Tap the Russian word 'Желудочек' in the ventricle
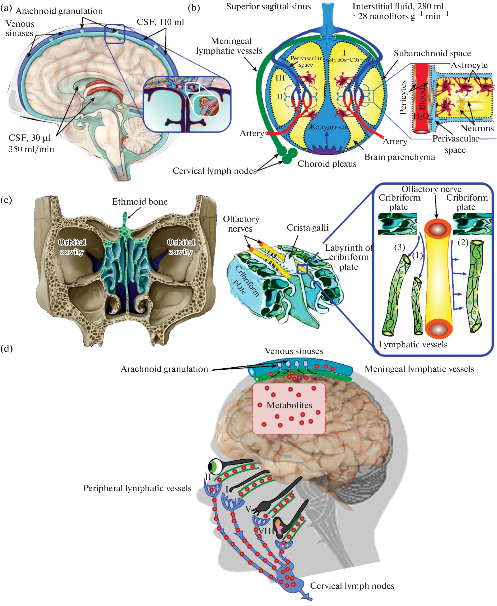tap(328, 127)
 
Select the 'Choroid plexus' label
tap(327, 164)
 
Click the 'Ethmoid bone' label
tap(140, 202)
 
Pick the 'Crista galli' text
tap(307, 228)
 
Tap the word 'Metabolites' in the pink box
tap(289, 405)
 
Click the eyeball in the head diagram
tap(215, 466)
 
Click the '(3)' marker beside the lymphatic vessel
tap(399, 247)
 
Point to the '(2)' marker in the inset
tap(463, 242)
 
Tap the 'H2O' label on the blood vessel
tap(421, 116)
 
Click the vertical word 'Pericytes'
tap(403, 97)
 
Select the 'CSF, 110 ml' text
tap(160, 22)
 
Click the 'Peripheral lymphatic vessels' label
tap(137, 488)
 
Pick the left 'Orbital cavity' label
tap(72, 247)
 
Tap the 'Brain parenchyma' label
tap(399, 157)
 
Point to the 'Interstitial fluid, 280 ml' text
tap(398, 6)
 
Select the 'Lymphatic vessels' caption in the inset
tap(413, 344)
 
